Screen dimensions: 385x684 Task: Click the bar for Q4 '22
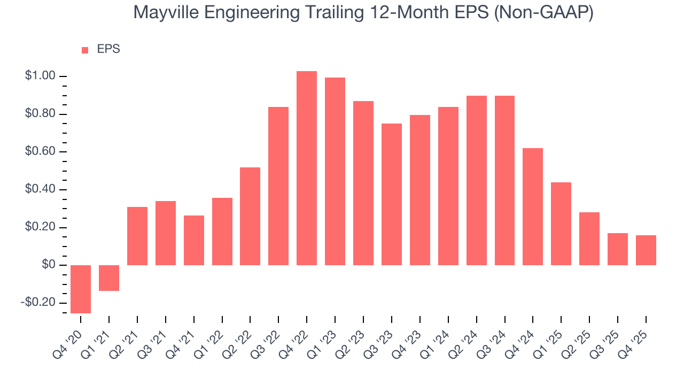pos(307,168)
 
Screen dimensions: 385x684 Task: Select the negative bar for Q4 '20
pos(81,289)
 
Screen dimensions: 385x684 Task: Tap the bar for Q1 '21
pos(109,278)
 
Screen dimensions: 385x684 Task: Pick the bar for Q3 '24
pos(504,180)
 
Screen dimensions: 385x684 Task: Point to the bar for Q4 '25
pos(646,250)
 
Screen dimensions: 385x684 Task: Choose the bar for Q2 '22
pos(250,216)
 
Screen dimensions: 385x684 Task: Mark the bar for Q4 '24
pos(533,206)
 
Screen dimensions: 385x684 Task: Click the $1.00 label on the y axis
pos(40,76)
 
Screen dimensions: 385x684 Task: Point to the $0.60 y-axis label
pos(40,152)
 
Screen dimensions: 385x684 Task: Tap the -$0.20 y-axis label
pos(38,303)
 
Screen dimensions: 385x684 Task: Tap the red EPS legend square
pos(84,50)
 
